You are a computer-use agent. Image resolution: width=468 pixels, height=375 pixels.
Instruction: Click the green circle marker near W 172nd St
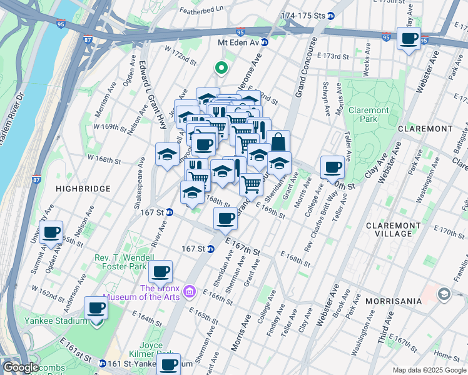tap(220, 68)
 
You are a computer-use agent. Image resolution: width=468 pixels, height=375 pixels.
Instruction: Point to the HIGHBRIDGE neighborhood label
tap(83, 188)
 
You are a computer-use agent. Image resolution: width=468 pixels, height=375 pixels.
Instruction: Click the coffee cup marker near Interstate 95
tap(409, 39)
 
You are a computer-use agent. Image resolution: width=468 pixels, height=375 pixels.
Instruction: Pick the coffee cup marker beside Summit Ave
tap(51, 232)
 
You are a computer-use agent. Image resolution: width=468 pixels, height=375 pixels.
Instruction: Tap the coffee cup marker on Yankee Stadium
tap(96, 307)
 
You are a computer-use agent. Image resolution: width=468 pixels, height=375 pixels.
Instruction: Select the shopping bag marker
tap(279, 142)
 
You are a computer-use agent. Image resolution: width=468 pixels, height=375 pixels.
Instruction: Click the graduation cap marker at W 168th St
tap(167, 154)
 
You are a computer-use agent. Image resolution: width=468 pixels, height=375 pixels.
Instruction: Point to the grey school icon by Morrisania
tap(444, 293)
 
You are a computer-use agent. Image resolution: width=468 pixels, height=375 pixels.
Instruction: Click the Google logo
tap(21, 367)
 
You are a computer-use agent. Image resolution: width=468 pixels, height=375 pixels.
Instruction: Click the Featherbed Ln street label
tap(201, 9)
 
